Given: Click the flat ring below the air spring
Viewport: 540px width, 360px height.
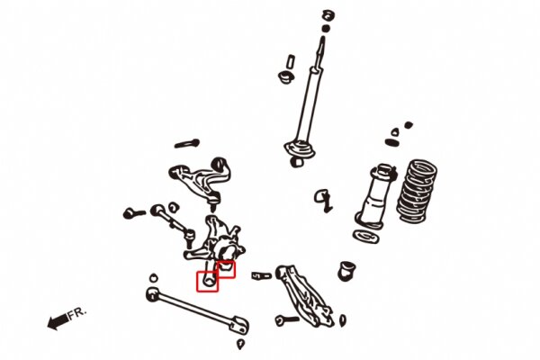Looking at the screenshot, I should pos(364,236).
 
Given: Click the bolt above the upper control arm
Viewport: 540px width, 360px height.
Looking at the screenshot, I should pos(184,143).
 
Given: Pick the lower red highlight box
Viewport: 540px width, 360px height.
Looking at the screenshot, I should pos(208,282).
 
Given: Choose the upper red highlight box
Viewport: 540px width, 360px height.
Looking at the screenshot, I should pos(226,267).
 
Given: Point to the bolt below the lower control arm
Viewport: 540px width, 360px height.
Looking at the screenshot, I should pos(287,319).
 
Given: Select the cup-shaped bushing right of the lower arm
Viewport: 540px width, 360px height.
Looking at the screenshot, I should pos(347,268).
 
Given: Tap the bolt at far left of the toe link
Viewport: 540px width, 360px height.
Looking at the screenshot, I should pos(135,213).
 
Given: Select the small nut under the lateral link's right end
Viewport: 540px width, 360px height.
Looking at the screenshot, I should pos(240,344).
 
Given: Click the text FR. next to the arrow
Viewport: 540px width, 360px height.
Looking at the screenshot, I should pos(78,313).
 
